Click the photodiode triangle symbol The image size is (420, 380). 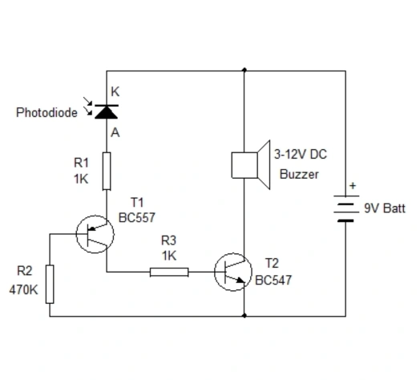105,111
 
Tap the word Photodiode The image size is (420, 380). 46,113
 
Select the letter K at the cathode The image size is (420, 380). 115,92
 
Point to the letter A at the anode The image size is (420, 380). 115,133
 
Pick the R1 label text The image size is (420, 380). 81,164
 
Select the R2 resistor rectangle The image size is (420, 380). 50,284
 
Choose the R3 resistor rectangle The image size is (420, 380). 169,272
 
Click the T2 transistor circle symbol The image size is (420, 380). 233,273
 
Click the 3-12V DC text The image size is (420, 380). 301,154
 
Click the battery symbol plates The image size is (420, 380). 345,208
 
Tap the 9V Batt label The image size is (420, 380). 384,208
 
